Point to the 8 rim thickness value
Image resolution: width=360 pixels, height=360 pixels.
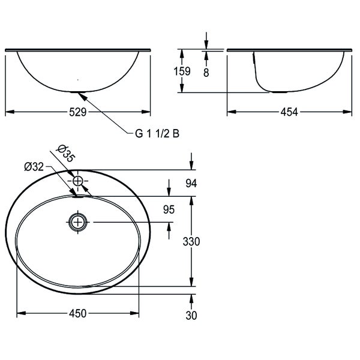[x=206, y=71]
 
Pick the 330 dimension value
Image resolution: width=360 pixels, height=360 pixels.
[x=191, y=241]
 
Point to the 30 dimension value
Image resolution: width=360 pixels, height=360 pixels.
[x=191, y=316]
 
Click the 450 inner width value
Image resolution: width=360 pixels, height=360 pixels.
[x=77, y=313]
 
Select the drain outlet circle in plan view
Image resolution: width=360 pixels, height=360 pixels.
[x=77, y=222]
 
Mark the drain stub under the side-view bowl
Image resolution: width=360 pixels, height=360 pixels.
[x=279, y=92]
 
